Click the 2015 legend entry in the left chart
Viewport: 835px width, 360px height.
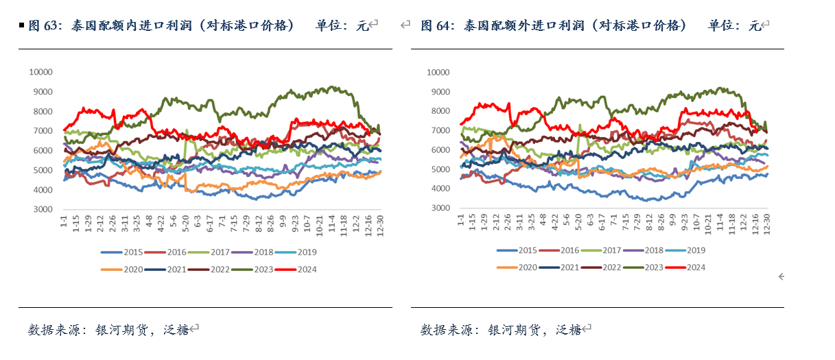(123, 252)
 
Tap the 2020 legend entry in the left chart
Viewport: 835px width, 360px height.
(123, 269)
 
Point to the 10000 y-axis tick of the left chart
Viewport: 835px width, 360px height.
(40, 71)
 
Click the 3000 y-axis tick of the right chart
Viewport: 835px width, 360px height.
(439, 208)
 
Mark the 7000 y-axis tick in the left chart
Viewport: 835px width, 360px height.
(43, 131)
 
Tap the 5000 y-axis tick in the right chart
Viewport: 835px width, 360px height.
(439, 169)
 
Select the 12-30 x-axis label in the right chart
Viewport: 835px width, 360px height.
(767, 224)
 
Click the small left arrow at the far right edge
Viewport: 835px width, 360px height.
(781, 276)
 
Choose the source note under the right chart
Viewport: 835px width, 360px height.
(500, 330)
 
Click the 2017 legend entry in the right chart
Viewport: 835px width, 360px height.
(609, 250)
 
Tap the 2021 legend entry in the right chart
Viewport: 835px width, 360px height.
(565, 267)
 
